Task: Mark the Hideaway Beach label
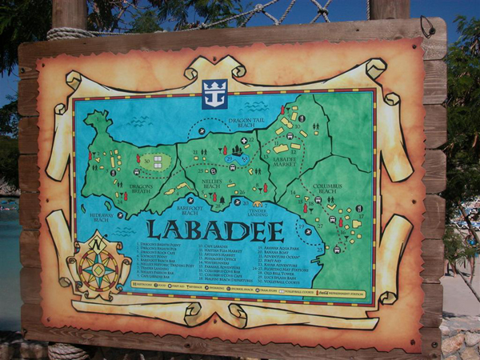tap(102, 217)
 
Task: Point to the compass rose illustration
tap(98, 267)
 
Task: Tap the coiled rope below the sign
tap(68, 350)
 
